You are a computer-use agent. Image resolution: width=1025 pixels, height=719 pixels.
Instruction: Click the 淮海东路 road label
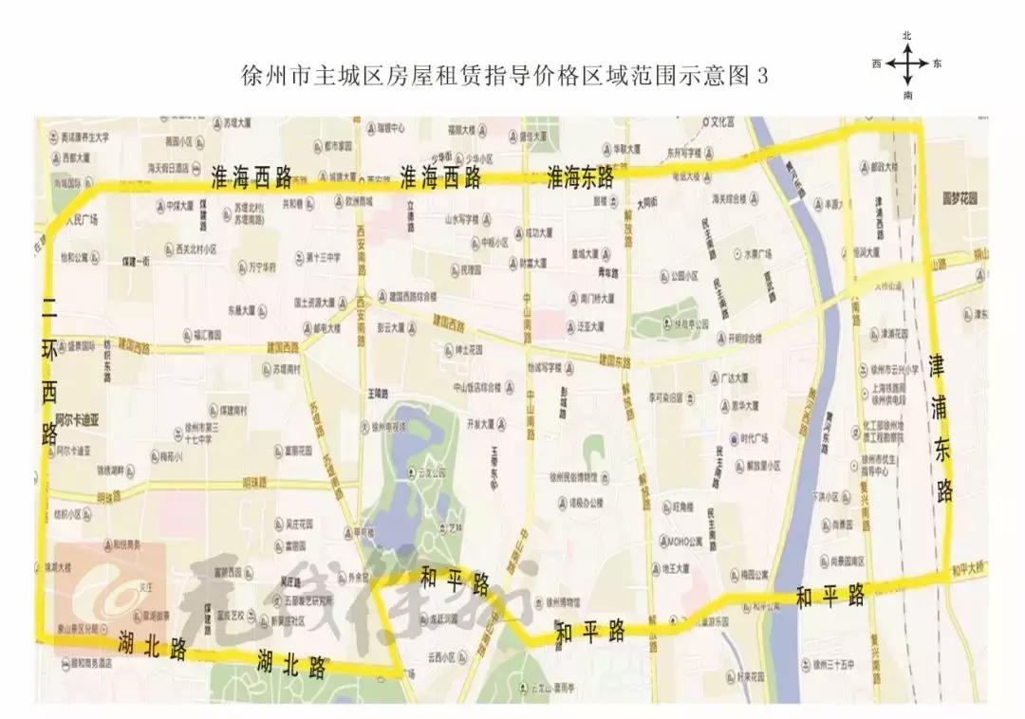pos(579,176)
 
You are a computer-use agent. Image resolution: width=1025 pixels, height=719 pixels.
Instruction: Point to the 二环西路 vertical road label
pos(49,370)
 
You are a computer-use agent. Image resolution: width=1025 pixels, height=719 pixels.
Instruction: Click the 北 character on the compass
pos(907,35)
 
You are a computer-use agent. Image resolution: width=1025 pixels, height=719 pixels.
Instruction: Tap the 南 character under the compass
pos(908,95)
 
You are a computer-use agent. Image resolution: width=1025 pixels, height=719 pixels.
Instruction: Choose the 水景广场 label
pos(757,253)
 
